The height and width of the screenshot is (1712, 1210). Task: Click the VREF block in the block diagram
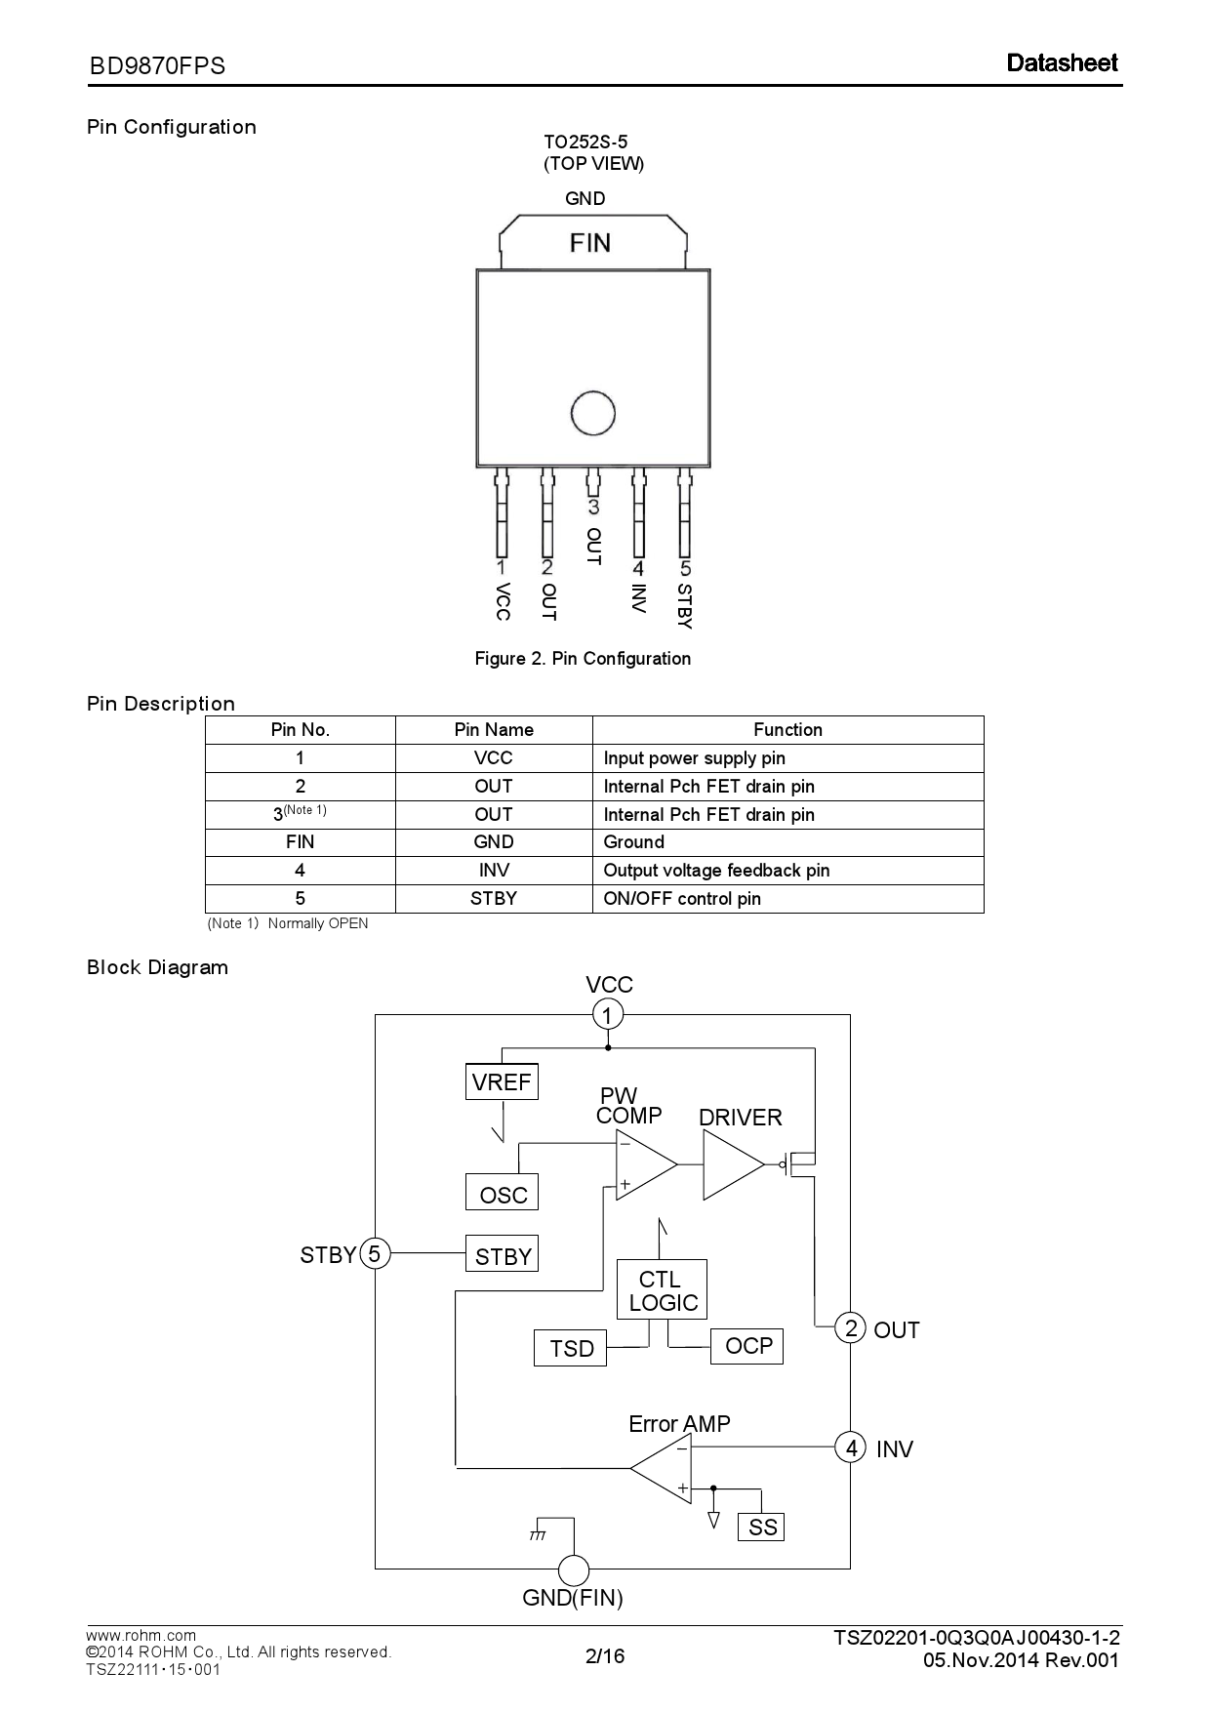point(502,1081)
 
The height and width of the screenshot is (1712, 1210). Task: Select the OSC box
point(502,1194)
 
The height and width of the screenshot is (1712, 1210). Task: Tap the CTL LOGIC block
point(662,1290)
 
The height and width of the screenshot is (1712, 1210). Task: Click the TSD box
point(571,1348)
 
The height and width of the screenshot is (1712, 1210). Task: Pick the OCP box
point(747,1346)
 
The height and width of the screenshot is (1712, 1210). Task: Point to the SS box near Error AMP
point(761,1527)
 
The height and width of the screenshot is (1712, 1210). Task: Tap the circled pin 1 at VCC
point(608,1015)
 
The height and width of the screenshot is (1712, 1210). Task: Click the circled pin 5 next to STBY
point(375,1253)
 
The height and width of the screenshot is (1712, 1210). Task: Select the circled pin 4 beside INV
point(851,1447)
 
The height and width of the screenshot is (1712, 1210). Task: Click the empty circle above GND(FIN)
point(574,1570)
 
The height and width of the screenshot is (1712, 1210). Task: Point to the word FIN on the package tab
point(590,242)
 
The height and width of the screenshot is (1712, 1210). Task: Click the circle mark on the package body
point(592,414)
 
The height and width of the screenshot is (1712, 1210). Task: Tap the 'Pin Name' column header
point(494,730)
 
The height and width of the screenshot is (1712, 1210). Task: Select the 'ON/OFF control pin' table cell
point(682,899)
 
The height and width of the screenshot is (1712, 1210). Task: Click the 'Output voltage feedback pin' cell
point(716,871)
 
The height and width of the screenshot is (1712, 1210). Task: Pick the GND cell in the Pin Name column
point(494,842)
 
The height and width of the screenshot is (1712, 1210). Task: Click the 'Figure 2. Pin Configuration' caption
point(583,659)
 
